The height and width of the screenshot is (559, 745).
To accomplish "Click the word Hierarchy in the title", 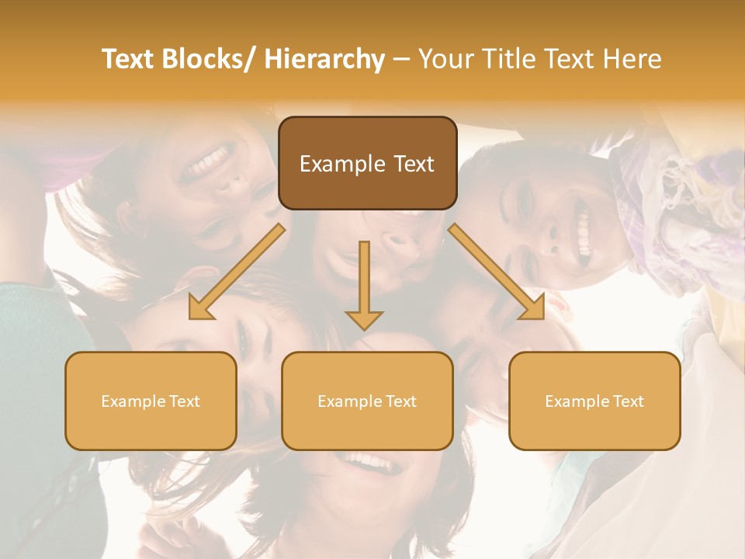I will pyautogui.click(x=324, y=60).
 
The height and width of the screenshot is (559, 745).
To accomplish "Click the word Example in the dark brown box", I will pyautogui.click(x=342, y=164).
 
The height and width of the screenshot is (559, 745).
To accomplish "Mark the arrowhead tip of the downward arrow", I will pyautogui.click(x=364, y=329).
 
